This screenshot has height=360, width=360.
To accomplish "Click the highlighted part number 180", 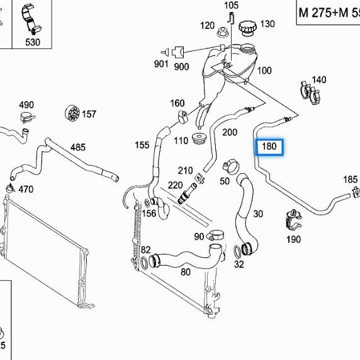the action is coord(269,146).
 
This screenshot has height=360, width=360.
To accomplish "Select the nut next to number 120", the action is coord(222,32).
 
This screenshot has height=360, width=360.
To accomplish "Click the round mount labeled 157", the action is coord(72,113).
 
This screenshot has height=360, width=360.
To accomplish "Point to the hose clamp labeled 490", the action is coord(27,117).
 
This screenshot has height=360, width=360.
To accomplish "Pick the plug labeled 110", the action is coord(199,138).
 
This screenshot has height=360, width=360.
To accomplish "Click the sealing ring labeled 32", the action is coord(237,252).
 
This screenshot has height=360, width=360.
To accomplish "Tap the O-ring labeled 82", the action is coord(144,263).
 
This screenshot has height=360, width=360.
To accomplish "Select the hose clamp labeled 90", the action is coord(215,235).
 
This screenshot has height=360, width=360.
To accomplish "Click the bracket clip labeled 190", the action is coord(293,220).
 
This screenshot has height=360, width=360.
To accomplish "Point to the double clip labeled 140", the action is coord(310,93).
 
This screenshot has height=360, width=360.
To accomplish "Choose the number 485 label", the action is coord(78,147).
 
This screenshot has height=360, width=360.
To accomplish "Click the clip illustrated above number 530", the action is coord(31,20).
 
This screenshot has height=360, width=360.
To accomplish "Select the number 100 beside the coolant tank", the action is coord(264,70).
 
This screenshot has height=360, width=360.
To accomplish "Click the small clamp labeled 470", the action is coord(10,188).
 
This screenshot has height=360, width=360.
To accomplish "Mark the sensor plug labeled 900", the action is coord(178,52).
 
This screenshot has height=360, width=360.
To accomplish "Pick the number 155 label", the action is coord(142,145).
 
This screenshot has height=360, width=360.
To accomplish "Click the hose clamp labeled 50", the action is coord(231,167).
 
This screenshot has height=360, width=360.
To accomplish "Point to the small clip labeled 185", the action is coord(356,192).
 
